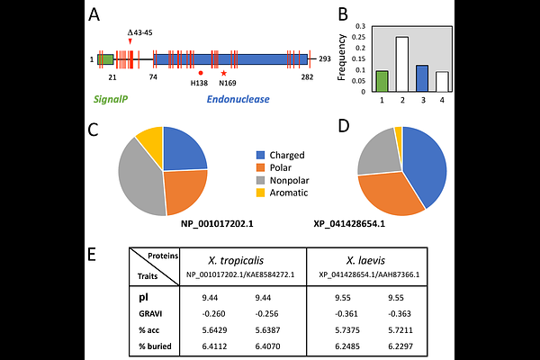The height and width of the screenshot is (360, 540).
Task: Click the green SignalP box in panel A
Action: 105,59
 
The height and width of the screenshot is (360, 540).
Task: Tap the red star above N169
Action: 223,73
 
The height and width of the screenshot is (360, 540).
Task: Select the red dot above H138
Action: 200,73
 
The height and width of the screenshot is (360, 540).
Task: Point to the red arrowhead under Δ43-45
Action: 130,40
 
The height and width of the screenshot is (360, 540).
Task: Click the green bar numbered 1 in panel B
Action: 382,82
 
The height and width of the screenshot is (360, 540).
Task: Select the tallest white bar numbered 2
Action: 402,65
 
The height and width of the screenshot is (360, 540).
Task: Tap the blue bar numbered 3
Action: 422,79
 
